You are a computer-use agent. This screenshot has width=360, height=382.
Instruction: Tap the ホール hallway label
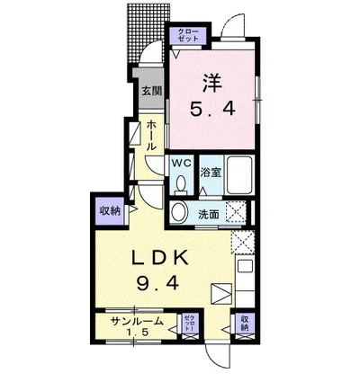coord(151,135)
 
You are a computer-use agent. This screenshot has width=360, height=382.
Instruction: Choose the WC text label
coord(180,164)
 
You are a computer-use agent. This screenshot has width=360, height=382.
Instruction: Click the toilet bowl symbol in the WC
coord(181,183)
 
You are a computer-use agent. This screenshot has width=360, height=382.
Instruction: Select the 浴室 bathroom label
coord(211,170)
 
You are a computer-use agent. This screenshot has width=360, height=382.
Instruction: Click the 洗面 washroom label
coord(209,214)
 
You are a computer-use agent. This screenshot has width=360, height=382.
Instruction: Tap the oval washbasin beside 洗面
coord(179,212)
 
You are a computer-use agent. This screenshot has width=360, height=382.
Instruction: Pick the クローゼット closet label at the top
coord(186,37)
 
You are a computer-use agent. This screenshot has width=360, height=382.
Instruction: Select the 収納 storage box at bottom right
coord(243,323)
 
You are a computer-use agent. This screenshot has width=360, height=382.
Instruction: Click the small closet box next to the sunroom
coord(189,324)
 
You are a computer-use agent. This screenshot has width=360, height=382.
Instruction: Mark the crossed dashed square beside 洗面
coord(238,213)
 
